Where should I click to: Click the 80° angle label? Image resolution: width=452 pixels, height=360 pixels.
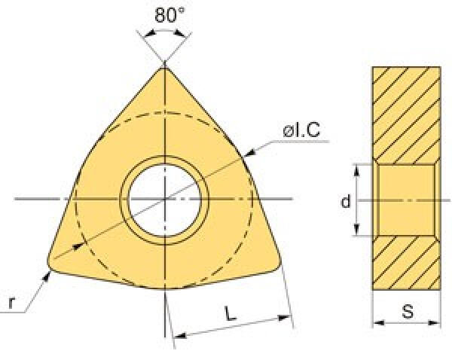(169, 15)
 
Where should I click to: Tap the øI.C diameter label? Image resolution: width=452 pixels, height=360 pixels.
(301, 130)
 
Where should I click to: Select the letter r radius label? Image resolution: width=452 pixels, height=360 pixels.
(11, 302)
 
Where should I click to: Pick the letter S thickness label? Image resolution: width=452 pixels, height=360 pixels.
(408, 311)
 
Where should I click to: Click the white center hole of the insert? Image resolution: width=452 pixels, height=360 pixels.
(164, 200)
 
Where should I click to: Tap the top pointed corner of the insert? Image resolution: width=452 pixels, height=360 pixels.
(164, 68)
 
